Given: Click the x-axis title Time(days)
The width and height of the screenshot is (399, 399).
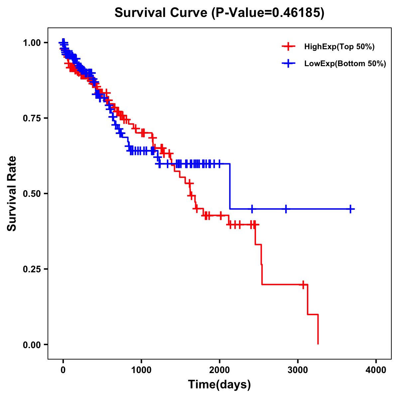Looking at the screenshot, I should (x=219, y=385).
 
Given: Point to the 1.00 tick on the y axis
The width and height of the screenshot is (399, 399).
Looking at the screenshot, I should (x=32, y=43).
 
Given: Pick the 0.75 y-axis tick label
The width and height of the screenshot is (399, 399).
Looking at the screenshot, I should (x=32, y=118).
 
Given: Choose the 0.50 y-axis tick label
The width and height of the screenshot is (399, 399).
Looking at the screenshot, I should (x=32, y=194).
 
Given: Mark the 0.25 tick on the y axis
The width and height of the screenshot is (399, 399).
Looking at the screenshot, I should (x=32, y=269).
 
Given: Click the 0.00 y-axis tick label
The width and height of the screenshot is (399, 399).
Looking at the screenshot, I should (x=32, y=344).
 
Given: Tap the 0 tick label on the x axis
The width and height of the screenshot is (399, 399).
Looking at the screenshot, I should (x=63, y=370).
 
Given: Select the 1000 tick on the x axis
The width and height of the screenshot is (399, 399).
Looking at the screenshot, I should (x=141, y=370).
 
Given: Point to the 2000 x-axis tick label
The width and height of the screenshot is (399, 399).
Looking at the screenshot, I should (x=219, y=370).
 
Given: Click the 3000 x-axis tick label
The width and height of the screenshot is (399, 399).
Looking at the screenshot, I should (x=298, y=370).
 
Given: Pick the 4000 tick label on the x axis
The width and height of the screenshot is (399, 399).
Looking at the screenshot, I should (x=376, y=370).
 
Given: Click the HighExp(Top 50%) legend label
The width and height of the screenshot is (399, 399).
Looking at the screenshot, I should (x=339, y=47).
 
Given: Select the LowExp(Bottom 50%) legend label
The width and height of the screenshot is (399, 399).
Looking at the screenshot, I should (x=345, y=64).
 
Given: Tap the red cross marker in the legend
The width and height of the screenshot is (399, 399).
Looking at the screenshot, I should (x=288, y=47).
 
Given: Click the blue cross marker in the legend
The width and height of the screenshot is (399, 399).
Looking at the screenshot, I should (x=288, y=64).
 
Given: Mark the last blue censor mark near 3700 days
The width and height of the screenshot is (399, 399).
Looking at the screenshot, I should (x=350, y=209).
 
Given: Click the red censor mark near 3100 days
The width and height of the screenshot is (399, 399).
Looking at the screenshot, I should (x=303, y=285).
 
